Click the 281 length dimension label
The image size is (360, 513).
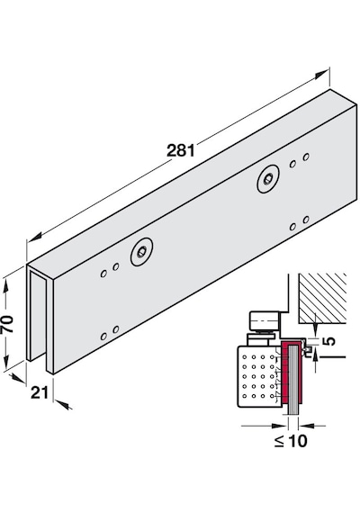coord(181,150)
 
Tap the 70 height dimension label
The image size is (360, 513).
coord(7,324)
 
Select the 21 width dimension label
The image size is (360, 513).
coord(40,392)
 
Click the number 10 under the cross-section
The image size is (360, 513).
coord(298,441)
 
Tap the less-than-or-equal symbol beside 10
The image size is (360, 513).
coord(279,442)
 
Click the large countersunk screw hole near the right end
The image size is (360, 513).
coord(268,178)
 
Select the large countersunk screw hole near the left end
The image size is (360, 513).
coord(141,252)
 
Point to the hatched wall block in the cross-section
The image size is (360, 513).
coord(322,298)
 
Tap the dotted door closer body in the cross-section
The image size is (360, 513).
coord(259,376)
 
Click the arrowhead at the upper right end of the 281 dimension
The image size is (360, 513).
coord(321,75)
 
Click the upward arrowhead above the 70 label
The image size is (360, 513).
coord(6,285)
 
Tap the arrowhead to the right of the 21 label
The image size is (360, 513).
coord(65,405)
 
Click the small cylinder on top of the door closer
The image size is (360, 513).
coord(265,321)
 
